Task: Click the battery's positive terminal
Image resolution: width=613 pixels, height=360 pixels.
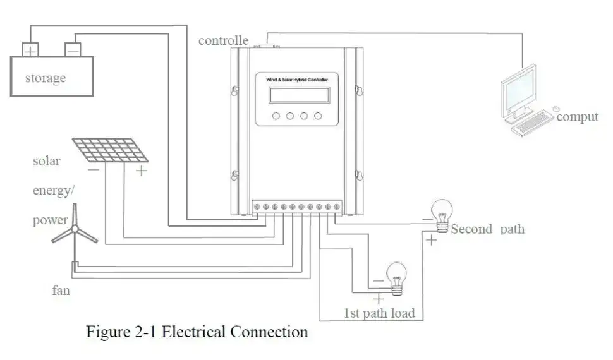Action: [x=30, y=50]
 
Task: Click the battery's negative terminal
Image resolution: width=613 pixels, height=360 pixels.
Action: [x=73, y=50]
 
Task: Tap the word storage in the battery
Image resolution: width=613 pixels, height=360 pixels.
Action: [x=46, y=78]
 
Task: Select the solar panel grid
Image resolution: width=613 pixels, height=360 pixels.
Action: [x=110, y=150]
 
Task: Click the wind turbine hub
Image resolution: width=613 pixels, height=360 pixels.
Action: [x=75, y=229]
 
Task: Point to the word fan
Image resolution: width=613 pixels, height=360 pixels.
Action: [x=61, y=291]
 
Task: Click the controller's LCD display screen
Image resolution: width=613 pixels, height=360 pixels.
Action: [x=299, y=95]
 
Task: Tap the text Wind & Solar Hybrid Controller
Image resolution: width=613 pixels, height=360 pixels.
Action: [x=297, y=80]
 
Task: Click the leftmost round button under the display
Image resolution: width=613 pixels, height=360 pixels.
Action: [x=276, y=116]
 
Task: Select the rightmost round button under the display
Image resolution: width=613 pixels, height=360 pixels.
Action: [x=318, y=116]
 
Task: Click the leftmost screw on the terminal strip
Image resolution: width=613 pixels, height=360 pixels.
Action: [x=257, y=207]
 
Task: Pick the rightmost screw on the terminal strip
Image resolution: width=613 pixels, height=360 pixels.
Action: [x=337, y=207]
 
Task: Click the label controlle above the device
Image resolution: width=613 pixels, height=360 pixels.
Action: [x=223, y=40]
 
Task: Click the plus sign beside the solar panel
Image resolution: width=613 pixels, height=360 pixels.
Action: [x=141, y=171]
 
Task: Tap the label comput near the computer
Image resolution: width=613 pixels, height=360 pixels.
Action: [x=578, y=117]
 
